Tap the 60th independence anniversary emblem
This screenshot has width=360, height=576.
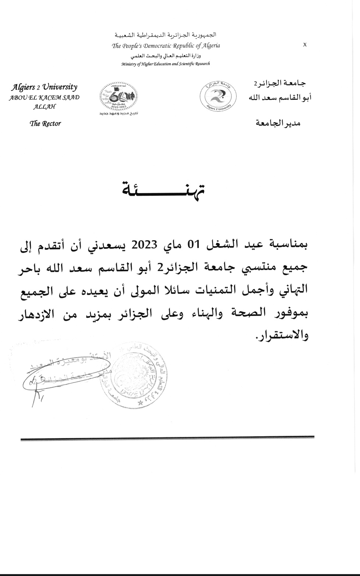click(118, 97)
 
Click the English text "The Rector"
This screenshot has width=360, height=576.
click(45, 124)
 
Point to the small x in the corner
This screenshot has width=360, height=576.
click(305, 45)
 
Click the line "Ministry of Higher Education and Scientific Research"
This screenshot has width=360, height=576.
click(166, 64)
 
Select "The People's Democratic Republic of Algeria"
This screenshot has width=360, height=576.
click(166, 46)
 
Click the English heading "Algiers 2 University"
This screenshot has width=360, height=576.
click(44, 87)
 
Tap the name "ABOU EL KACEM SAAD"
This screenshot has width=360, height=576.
click(44, 98)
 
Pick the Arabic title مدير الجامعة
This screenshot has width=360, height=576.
click(278, 123)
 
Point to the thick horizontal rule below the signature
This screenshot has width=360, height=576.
click(167, 438)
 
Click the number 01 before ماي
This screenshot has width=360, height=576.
click(193, 245)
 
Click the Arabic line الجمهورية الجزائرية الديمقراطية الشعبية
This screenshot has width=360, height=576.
click(166, 35)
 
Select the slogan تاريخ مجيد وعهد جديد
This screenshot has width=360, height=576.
click(118, 113)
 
